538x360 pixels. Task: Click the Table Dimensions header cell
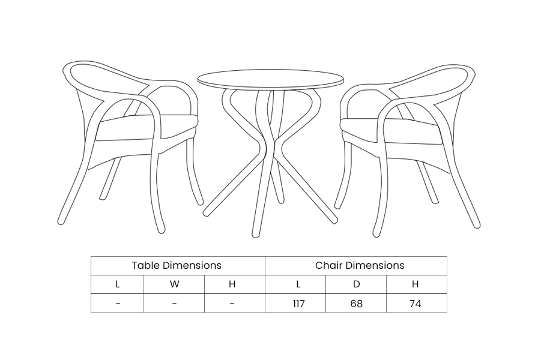pos(177,265)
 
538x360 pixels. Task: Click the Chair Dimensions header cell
pos(360,265)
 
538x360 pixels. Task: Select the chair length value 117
pos(298,304)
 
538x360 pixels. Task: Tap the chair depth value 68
pos(357,304)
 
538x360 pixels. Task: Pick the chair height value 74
pos(415,304)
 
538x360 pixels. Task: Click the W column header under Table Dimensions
pos(174,284)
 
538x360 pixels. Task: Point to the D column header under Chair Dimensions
pos(357,284)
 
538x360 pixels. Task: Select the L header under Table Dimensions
pos(118,284)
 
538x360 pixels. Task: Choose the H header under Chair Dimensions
pos(415,284)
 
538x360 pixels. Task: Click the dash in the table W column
pos(174,304)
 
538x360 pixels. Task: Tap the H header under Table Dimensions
pos(232,284)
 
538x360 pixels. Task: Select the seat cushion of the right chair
pos(391,131)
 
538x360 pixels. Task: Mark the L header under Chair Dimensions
pos(298,284)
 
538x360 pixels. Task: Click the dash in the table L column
pos(118,304)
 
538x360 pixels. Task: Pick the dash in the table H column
pos(232,304)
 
